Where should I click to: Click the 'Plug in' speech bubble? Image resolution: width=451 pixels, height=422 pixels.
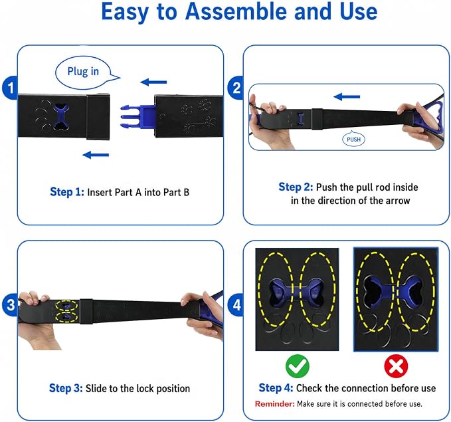(x=84, y=72)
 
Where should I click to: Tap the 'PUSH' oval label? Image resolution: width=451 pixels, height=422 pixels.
(x=353, y=140)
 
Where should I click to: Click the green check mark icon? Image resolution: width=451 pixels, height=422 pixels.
(x=298, y=366)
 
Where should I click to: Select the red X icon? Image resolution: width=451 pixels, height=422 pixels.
(x=396, y=366)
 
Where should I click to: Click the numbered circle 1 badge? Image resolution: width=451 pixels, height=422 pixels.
(x=11, y=88)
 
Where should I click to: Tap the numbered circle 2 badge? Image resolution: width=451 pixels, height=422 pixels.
(x=236, y=88)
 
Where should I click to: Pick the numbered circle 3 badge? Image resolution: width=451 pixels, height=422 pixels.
(x=11, y=304)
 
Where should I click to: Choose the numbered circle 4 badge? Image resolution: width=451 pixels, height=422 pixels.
(x=236, y=304)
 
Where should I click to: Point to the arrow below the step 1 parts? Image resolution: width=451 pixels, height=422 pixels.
(x=96, y=155)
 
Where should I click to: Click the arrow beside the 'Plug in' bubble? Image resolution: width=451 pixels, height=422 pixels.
(x=153, y=82)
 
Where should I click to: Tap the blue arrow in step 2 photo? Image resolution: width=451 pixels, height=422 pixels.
(x=347, y=97)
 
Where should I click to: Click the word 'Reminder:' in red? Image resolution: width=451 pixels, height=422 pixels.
(x=275, y=404)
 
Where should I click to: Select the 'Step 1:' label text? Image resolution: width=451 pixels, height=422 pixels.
(x=67, y=192)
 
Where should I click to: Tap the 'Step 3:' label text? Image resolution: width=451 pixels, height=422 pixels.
(x=66, y=388)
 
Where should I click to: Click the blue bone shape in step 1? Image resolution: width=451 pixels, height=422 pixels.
(x=61, y=116)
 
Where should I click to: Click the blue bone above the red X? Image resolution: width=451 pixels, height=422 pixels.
(x=395, y=290)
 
